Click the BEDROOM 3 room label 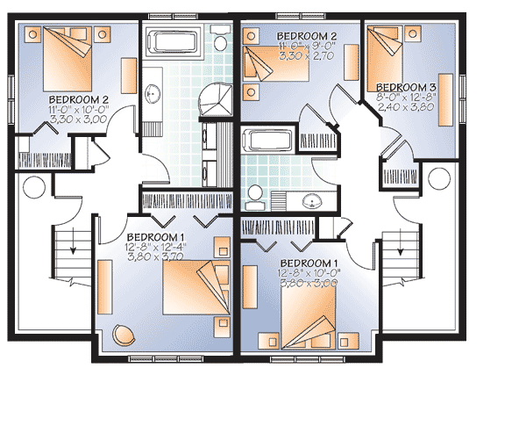(x=406, y=87)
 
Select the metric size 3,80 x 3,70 (x=156, y=257)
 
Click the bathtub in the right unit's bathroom (x=268, y=141)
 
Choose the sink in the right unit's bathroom (x=309, y=202)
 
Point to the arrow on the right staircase (x=402, y=249)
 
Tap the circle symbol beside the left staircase (x=34, y=186)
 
